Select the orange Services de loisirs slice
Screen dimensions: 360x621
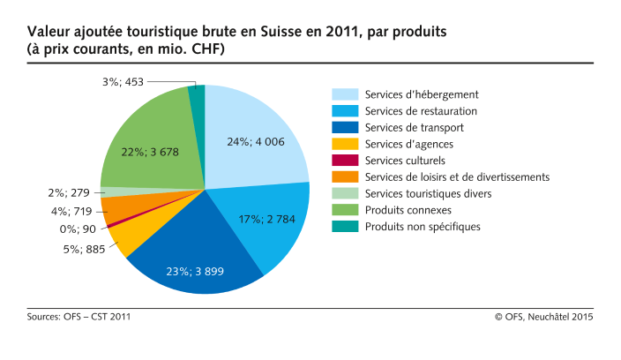coord(115,209)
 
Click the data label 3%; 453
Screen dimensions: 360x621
coord(123,82)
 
